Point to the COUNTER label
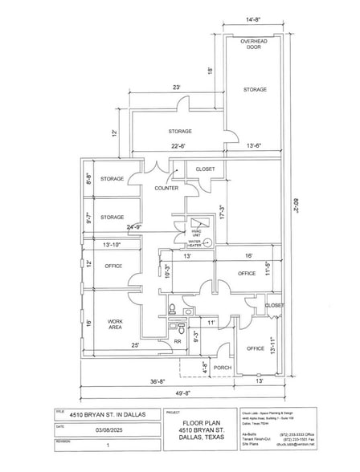[x=166, y=188]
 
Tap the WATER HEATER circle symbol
[x=207, y=242]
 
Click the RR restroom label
[x=178, y=341]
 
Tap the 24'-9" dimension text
[x=133, y=226]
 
